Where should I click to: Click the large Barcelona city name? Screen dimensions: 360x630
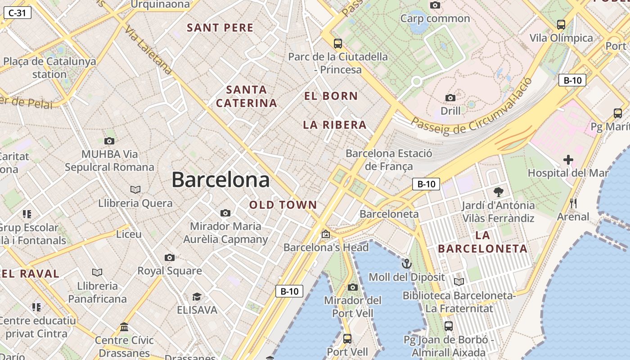point(220,180)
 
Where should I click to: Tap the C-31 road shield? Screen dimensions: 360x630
point(17,13)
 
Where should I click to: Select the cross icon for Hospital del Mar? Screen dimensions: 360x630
point(568,159)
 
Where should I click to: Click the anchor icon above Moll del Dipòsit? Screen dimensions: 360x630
point(407,264)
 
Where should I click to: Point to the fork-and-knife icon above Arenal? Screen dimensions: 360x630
point(573,203)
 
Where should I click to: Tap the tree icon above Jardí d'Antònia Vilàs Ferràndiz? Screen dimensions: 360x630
point(498,192)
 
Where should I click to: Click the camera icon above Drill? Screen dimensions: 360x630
point(450,98)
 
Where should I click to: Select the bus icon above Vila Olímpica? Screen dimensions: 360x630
point(561,24)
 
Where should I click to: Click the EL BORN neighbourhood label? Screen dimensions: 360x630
point(331,96)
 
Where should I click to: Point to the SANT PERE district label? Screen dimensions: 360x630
point(220,28)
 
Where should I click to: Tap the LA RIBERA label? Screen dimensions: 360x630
point(335,125)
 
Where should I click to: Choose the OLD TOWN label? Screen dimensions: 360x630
point(283,205)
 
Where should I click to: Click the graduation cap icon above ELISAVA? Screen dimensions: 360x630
point(197,297)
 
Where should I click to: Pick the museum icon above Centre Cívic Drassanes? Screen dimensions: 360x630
point(124,327)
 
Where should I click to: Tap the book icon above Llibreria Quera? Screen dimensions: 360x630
point(135,189)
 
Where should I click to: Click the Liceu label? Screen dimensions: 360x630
point(129,234)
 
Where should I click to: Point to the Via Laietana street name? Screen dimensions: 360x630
point(148,49)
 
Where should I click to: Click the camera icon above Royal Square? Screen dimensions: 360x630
point(169,257)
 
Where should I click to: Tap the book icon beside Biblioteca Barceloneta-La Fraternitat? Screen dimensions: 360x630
point(459,282)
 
